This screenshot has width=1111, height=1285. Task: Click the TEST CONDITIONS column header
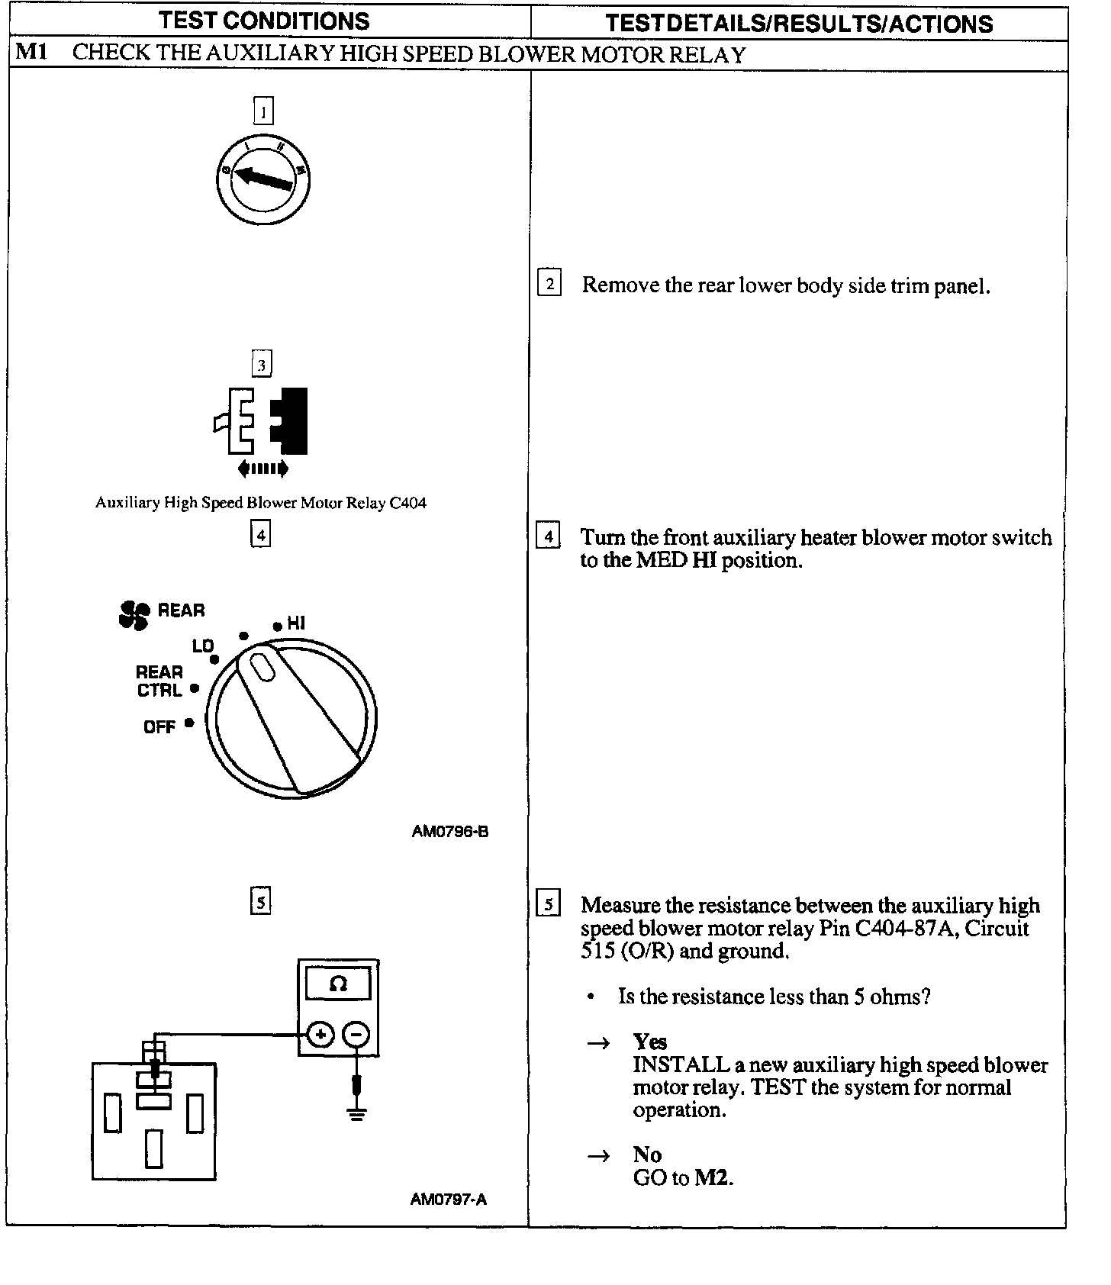click(x=264, y=21)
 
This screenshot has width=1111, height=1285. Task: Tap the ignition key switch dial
click(x=263, y=180)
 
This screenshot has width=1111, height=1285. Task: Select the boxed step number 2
click(x=549, y=283)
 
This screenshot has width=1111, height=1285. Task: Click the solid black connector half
click(x=290, y=420)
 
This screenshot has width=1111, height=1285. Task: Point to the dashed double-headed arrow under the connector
click(x=263, y=469)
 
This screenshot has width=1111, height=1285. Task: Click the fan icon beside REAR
click(x=134, y=614)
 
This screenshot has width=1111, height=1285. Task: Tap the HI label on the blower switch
click(x=296, y=623)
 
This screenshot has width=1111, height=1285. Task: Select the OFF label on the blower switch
click(x=159, y=726)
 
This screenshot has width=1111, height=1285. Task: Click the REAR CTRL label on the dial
click(x=159, y=681)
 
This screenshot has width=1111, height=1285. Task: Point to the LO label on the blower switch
click(x=202, y=646)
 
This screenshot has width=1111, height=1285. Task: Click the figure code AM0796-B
click(x=449, y=831)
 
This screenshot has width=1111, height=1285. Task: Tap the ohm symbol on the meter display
click(x=338, y=984)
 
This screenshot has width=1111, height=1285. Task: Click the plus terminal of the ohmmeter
click(x=320, y=1035)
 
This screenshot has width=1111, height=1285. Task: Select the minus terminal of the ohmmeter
click(x=356, y=1035)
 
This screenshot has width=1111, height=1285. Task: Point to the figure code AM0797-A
click(x=448, y=1199)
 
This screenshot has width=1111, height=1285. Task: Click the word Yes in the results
click(x=649, y=1042)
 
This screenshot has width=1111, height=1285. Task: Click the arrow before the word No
click(x=598, y=1155)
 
